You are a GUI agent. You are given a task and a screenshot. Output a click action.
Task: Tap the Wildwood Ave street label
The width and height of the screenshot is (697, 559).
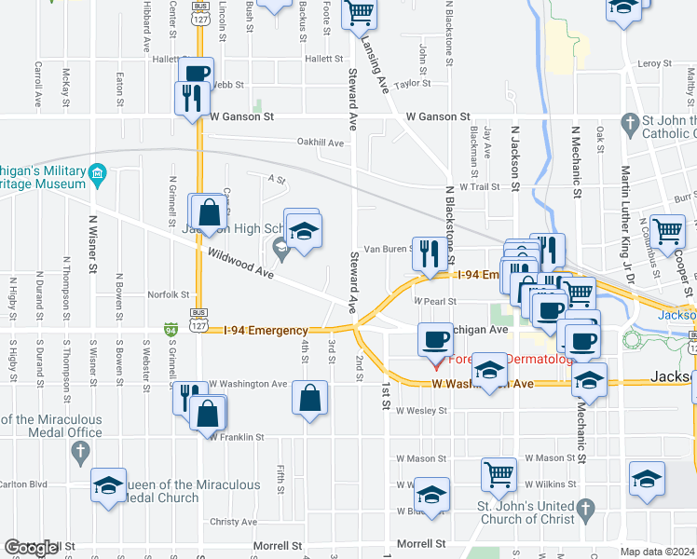coord(240,264)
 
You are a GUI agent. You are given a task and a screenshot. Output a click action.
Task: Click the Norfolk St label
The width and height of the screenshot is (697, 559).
coord(169,294)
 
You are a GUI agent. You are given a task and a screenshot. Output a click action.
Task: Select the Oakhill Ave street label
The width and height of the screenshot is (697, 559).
coord(321,143)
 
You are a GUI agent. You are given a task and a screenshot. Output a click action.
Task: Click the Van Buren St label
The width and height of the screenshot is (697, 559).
coord(388,249)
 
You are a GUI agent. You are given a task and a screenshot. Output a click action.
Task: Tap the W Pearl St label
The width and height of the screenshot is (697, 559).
coord(435,301)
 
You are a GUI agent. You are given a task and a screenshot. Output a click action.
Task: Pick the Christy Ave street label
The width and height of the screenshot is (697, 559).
coord(233,522)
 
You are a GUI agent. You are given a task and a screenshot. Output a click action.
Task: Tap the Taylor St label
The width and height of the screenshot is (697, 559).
coord(411,83)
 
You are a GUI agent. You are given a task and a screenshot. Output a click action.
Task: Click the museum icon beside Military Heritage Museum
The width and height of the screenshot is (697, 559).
coord(98,174)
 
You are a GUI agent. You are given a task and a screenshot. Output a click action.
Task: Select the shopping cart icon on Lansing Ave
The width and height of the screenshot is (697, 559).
coord(359,13)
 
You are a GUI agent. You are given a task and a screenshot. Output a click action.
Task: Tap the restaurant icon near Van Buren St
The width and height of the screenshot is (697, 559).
coord(430,252)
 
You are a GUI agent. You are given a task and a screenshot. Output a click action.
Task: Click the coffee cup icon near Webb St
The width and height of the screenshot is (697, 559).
coord(197,73)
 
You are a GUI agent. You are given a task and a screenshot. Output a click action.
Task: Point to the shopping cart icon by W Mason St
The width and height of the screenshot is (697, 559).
coord(499,473)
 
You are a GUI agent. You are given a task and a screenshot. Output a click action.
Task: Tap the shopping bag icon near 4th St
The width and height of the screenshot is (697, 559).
coord(308,397)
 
